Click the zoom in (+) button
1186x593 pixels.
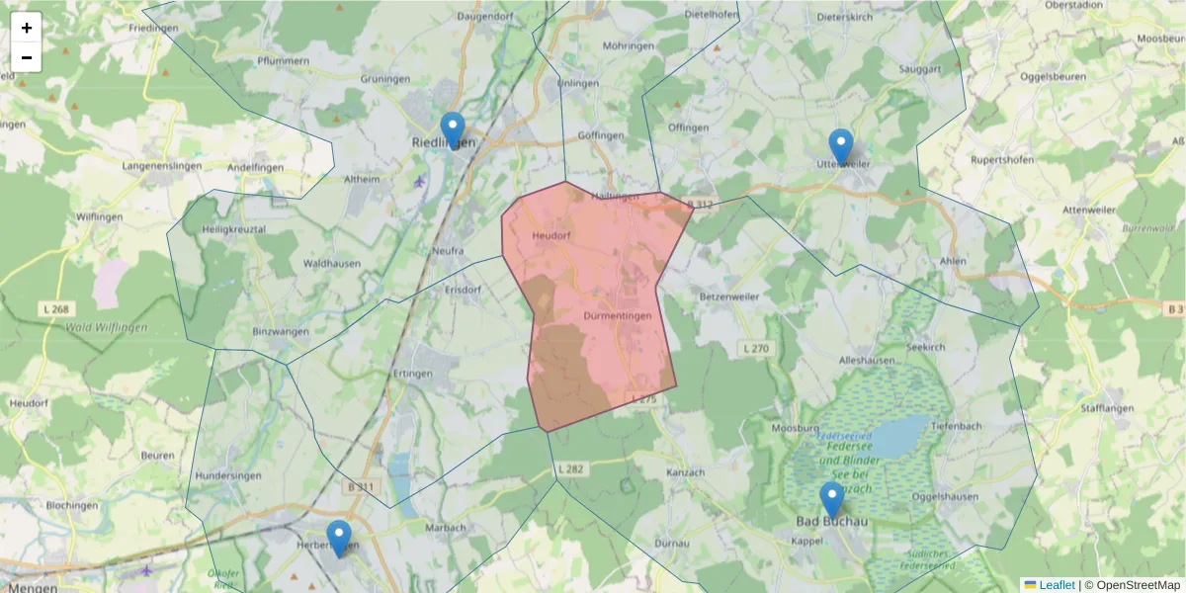pyautogui.click(x=27, y=28)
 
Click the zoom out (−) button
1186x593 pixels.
pyautogui.click(x=27, y=57)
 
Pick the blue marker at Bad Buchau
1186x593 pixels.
pyautogui.click(x=832, y=500)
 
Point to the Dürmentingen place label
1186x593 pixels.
pyautogui.click(x=618, y=316)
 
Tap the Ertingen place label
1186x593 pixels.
pyautogui.click(x=413, y=374)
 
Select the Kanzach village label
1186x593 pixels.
pyautogui.click(x=687, y=472)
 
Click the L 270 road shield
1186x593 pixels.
pyautogui.click(x=755, y=348)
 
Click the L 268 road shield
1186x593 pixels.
pyautogui.click(x=57, y=309)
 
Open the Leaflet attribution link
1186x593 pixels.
pyautogui.click(x=1056, y=585)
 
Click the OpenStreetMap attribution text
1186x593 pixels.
pyautogui.click(x=1139, y=585)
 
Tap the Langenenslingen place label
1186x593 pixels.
pyautogui.click(x=161, y=166)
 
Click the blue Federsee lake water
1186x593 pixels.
pyautogui.click(x=894, y=436)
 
